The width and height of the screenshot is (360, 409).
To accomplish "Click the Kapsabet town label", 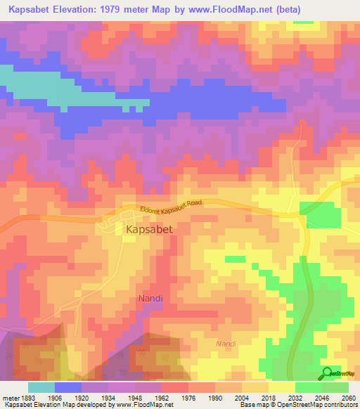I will (x=148, y=229).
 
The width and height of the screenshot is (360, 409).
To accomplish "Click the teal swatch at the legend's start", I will (x=41, y=387).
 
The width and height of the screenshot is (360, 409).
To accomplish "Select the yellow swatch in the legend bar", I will (x=281, y=387).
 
